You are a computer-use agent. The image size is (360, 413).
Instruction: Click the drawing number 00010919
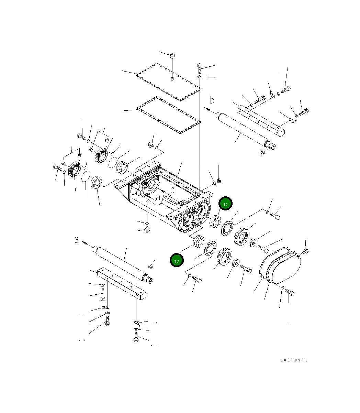click(x=294, y=360)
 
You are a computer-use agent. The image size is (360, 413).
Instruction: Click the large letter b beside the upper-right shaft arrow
click(x=212, y=101)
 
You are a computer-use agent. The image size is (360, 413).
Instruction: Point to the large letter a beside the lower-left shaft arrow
click(x=77, y=240)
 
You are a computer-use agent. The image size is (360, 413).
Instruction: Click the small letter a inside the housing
click(x=158, y=198)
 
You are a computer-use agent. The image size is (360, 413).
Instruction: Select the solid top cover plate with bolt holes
click(x=168, y=82)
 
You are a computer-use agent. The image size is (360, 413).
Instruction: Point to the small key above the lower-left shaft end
click(x=150, y=265)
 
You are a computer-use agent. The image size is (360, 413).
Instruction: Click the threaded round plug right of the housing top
click(x=219, y=180)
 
